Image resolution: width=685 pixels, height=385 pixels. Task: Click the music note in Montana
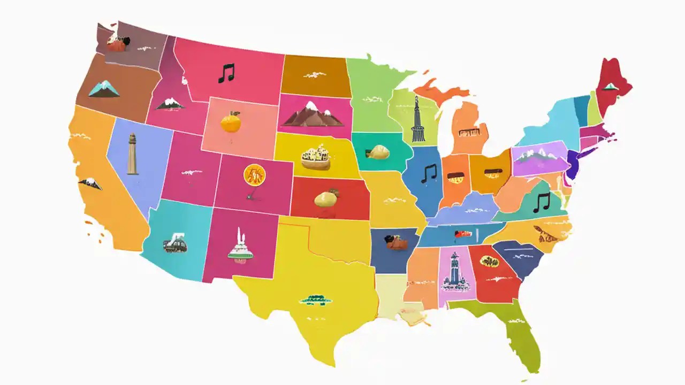[226, 73]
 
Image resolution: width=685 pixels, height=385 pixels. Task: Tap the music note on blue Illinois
[429, 173]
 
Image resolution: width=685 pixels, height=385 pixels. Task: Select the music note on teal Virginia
[542, 202]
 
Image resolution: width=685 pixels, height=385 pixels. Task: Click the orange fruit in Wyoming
[231, 122]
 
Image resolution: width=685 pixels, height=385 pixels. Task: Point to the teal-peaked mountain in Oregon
[104, 89]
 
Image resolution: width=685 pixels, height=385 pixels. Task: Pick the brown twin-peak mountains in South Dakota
[313, 114]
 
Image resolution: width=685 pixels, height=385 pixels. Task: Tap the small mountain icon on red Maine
[610, 86]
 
